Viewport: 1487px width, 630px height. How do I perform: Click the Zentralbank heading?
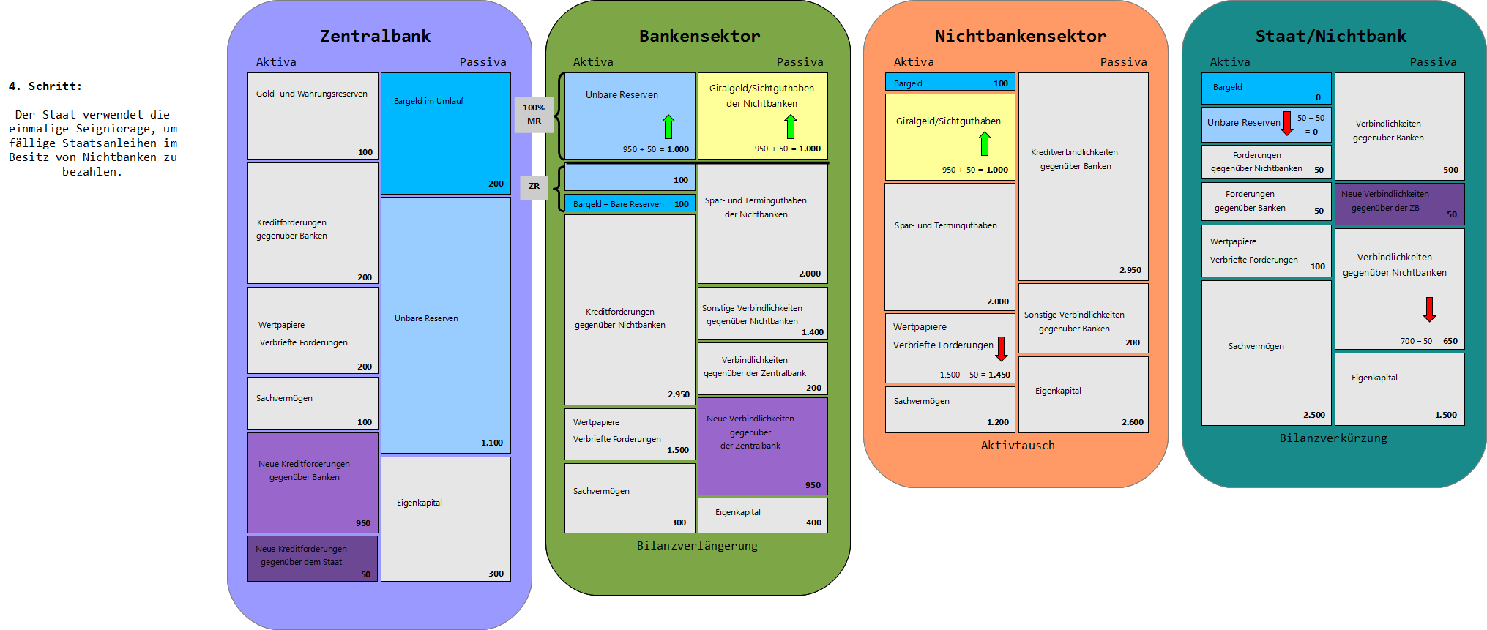[375, 36]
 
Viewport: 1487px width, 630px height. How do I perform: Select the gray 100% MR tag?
[534, 114]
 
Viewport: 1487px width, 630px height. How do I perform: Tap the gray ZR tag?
[534, 187]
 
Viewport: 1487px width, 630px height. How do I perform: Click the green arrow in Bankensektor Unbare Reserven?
[668, 127]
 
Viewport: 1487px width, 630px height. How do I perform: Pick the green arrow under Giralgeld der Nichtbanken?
[790, 127]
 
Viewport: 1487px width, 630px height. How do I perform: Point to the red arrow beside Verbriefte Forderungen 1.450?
[1002, 349]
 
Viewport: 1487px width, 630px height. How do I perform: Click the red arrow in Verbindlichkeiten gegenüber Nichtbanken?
[1429, 309]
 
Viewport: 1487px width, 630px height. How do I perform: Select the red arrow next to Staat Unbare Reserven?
[1287, 123]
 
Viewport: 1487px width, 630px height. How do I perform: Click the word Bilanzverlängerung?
[697, 546]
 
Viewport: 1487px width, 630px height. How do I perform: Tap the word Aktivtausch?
[1018, 446]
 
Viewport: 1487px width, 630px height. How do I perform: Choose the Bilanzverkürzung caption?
[1333, 438]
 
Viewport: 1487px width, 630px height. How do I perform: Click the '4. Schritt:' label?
[45, 86]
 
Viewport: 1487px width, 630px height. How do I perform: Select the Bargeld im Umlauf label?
[428, 101]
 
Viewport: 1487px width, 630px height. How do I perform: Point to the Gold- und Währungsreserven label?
[311, 94]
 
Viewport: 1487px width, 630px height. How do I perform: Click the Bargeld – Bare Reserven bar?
[630, 203]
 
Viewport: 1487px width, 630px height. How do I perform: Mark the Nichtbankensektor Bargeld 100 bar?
[950, 83]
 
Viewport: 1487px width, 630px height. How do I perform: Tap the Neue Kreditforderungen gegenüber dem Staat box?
[313, 559]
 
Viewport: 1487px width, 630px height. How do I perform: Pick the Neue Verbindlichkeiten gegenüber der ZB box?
[1399, 203]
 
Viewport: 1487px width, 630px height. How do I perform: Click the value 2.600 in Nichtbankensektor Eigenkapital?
[1132, 422]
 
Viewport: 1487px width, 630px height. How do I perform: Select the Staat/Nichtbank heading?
[1330, 36]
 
